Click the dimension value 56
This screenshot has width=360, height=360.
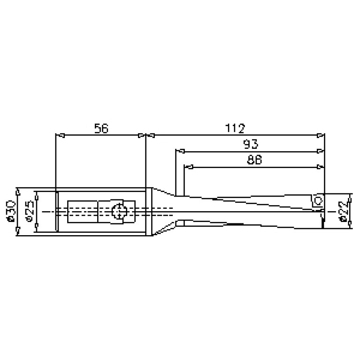click(101, 128)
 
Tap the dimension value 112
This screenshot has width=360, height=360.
click(235, 128)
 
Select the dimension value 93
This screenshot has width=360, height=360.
click(251, 144)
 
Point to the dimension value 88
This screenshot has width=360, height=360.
click(254, 160)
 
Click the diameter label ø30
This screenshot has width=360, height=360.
click(11, 212)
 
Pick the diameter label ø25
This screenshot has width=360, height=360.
click(30, 212)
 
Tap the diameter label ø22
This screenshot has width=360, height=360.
click(343, 212)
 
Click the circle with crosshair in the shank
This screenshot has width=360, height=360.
click(119, 211)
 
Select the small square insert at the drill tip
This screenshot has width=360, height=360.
click(317, 201)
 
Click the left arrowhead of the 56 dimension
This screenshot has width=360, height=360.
click(60, 136)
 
